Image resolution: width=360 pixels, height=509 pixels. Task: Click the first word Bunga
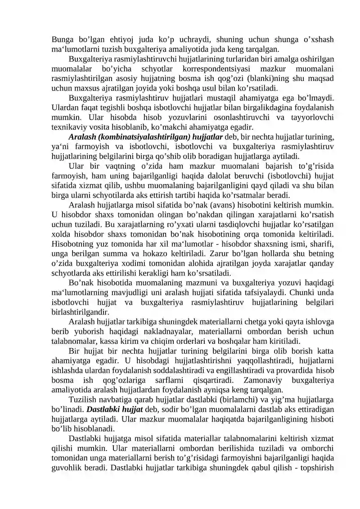pyautogui.click(x=62, y=39)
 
